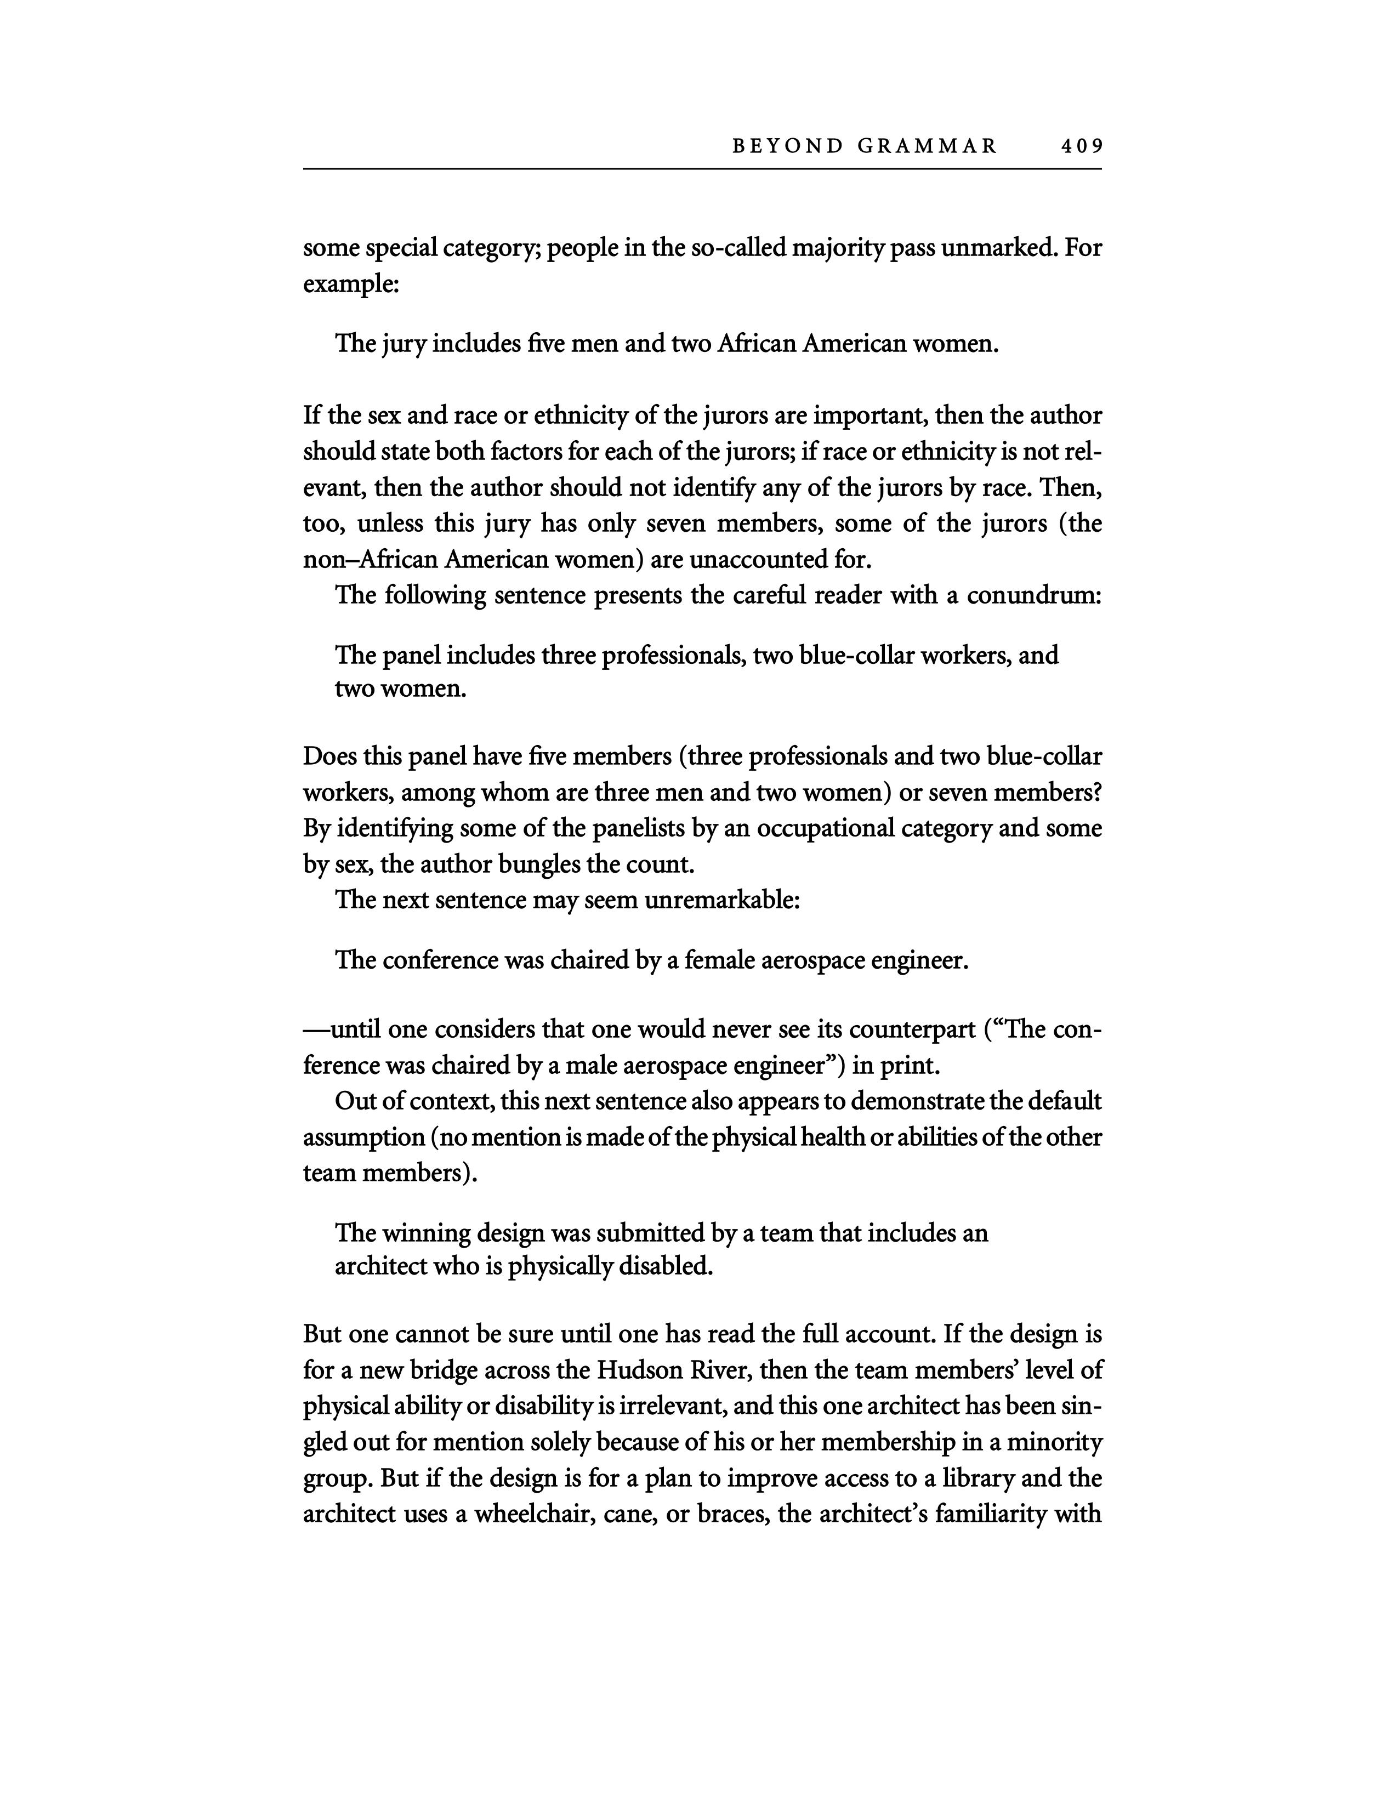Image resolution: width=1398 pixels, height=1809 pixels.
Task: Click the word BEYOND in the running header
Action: click(x=787, y=146)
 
